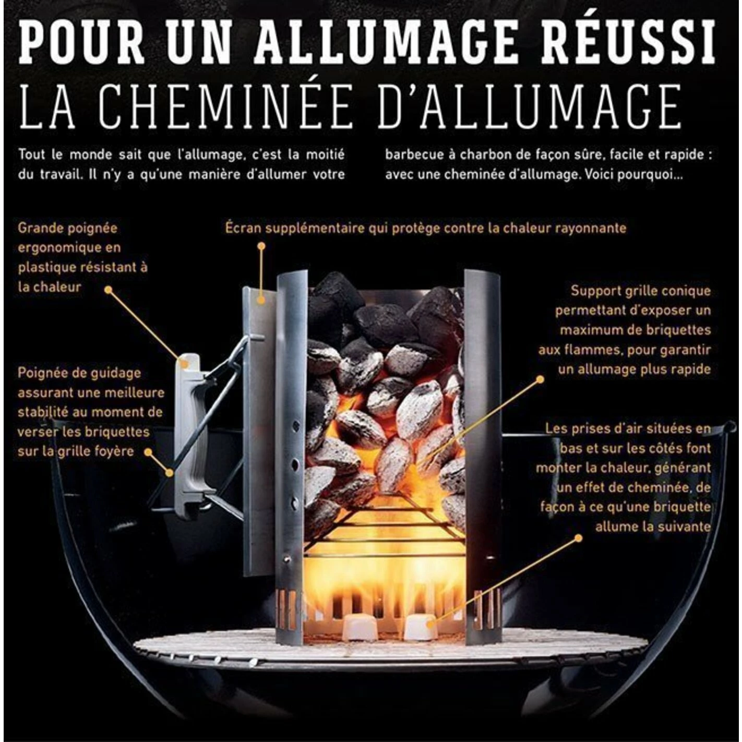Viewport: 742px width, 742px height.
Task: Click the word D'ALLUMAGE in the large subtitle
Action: (528, 105)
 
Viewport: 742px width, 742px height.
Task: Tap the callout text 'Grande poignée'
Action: (68, 229)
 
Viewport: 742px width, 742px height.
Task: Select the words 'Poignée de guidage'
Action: (79, 374)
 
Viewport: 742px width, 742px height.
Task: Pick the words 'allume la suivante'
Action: (653, 526)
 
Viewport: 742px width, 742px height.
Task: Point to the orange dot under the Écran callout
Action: (262, 245)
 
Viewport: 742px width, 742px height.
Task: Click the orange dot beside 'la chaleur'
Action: (109, 290)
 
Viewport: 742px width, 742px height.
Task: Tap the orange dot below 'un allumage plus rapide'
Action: (540, 380)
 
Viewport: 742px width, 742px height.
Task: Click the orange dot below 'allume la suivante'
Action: (578, 538)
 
